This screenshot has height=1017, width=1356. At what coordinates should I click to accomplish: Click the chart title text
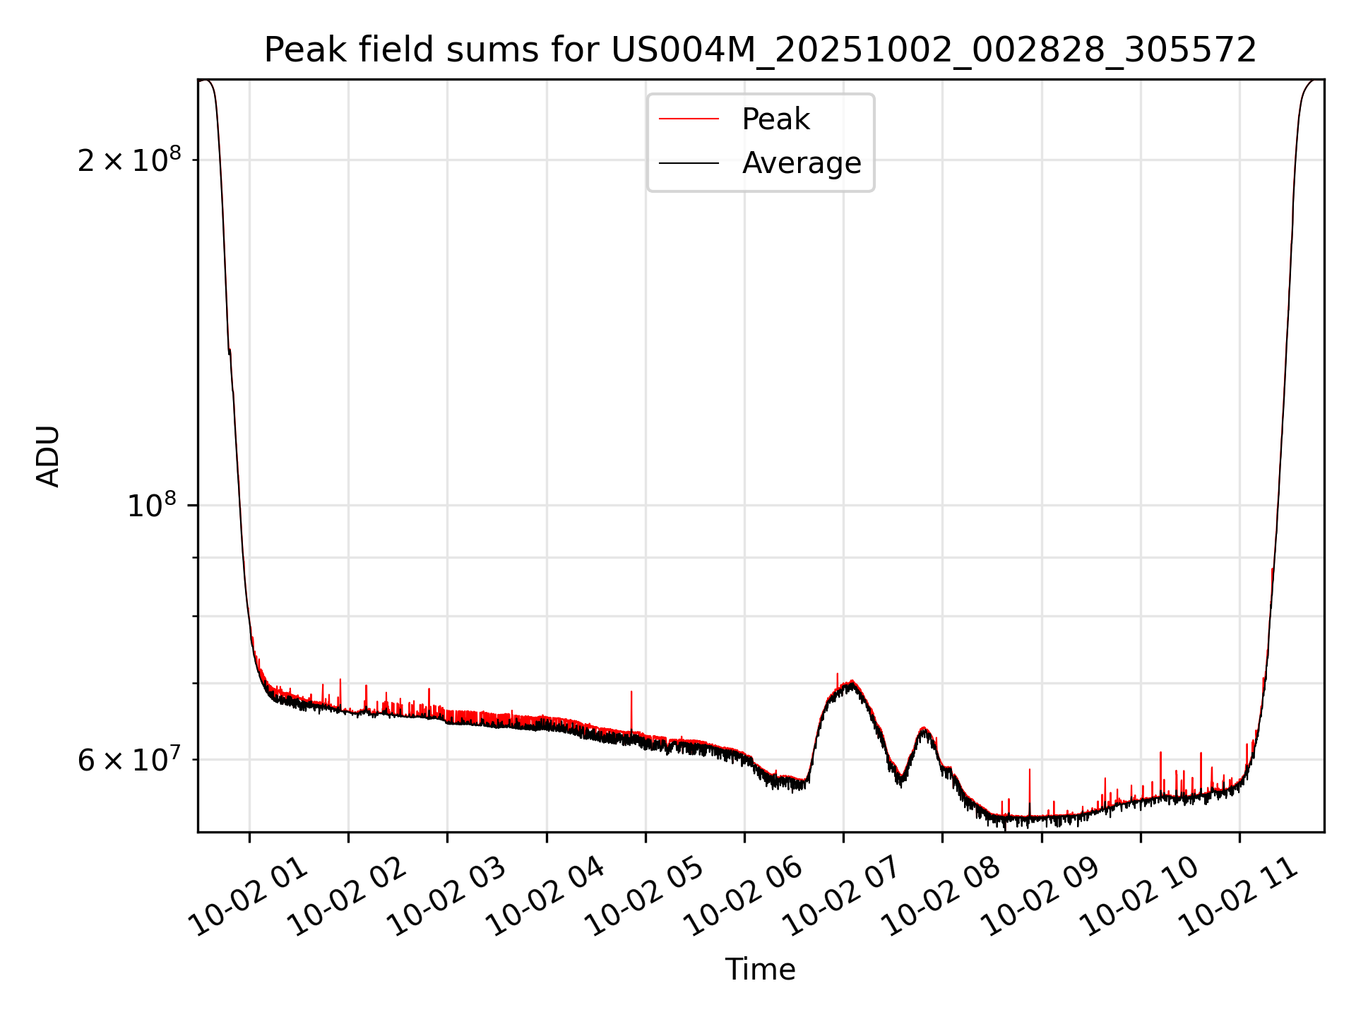(760, 50)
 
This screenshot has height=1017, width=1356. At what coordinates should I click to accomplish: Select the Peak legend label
(775, 119)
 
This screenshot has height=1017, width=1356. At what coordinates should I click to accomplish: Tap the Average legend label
(801, 163)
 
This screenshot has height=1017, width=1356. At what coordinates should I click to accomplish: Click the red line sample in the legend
(689, 119)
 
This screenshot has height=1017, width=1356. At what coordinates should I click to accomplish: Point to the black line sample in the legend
(689, 163)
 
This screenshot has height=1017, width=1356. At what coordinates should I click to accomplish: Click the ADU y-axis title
(48, 456)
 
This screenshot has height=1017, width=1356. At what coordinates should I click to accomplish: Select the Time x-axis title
(760, 970)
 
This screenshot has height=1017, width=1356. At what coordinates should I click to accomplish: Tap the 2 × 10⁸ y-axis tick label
(129, 161)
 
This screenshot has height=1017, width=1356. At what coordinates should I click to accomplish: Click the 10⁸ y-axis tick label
(151, 506)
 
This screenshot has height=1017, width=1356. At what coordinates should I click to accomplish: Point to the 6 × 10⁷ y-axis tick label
(129, 761)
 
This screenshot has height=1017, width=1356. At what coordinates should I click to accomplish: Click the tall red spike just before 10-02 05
(631, 692)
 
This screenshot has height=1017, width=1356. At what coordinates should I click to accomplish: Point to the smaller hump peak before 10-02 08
(923, 728)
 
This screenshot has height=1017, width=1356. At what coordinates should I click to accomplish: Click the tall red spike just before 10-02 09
(1029, 770)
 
